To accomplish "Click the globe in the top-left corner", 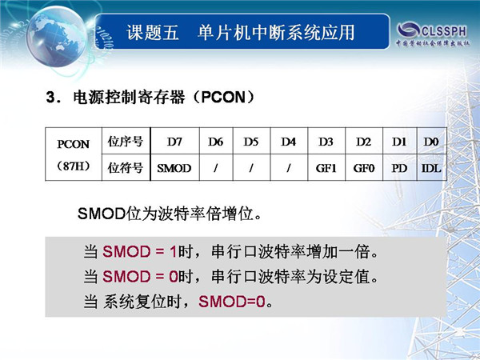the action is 57,36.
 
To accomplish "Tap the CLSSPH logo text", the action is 444,31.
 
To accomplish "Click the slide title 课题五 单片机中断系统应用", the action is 241,33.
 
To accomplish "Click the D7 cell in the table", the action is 174,142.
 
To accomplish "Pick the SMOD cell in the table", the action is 174,168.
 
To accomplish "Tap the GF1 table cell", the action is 326,168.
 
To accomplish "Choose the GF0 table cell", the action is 364,168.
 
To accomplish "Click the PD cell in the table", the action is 399,168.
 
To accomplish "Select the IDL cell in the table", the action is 431,168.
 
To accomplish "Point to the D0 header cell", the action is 431,142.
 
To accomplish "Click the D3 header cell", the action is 326,142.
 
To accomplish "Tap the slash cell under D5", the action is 251,168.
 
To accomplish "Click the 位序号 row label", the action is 126,142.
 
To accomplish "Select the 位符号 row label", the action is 126,168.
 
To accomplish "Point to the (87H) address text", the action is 73,166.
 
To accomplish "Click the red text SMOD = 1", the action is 139,252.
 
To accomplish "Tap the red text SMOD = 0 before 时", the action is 140,277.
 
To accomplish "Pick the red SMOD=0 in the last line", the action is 232,302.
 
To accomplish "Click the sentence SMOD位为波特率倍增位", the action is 170,214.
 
